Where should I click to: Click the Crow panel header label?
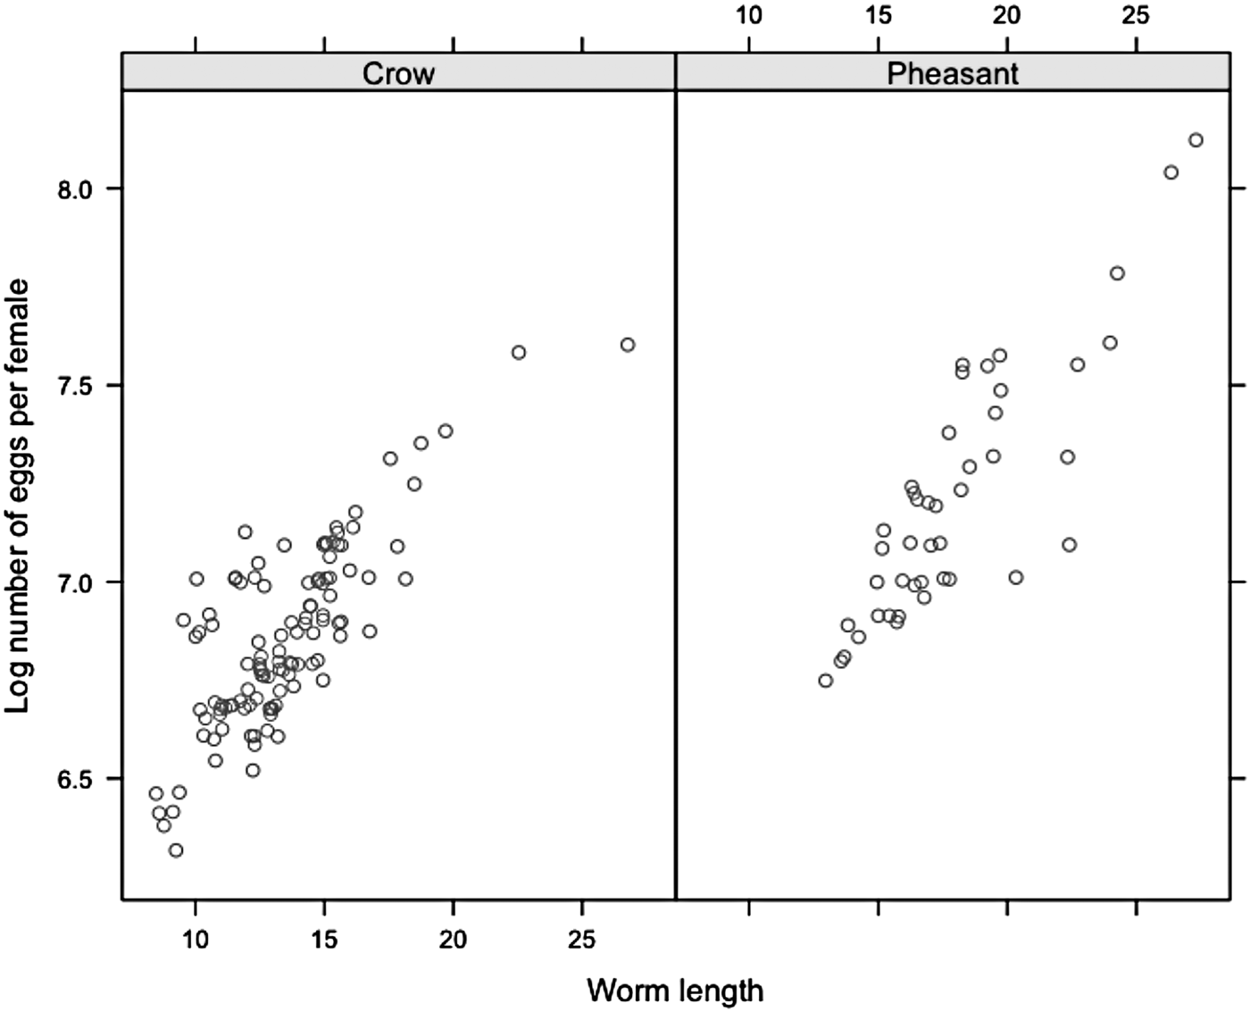[398, 73]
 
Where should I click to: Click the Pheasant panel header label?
[952, 73]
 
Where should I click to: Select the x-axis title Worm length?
[675, 991]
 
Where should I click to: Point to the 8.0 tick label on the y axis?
[75, 189]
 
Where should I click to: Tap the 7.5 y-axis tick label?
[75, 386]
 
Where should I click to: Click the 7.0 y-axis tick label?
[75, 582]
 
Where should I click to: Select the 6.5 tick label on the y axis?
[75, 779]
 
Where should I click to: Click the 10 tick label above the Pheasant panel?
[749, 15]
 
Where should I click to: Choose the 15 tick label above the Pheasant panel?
[879, 15]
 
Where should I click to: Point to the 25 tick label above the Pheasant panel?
[1137, 15]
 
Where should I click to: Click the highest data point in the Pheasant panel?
[1196, 140]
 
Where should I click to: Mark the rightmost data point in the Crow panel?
[628, 345]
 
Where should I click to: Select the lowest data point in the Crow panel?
[176, 850]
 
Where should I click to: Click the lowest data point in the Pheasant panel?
[826, 681]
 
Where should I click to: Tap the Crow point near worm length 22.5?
[519, 353]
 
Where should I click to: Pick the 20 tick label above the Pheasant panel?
[1007, 15]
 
